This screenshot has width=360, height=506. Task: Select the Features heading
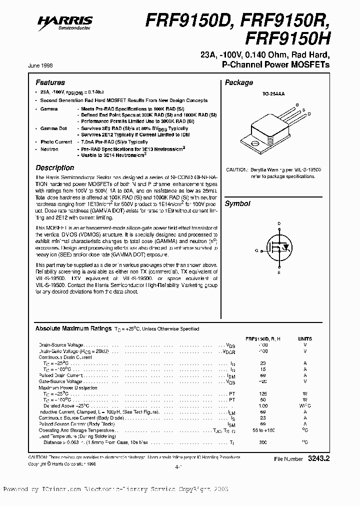click(x=50, y=82)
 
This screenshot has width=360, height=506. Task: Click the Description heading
click(x=55, y=168)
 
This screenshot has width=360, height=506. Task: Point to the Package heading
click(x=239, y=82)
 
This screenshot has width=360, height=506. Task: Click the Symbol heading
click(x=237, y=203)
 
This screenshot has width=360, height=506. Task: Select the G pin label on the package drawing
click(x=297, y=105)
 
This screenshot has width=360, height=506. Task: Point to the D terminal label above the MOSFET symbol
click(x=279, y=223)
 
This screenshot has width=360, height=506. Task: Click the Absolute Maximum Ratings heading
click(x=73, y=328)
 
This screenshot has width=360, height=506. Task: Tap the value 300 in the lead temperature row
click(x=262, y=442)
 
